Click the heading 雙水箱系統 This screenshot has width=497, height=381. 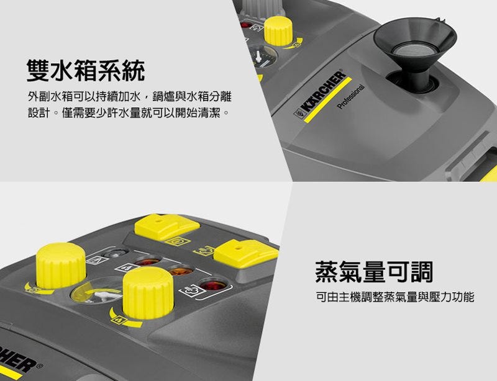pos(86,70)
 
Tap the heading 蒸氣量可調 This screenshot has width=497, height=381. pos(374,272)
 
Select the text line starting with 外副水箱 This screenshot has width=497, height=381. pos(130,97)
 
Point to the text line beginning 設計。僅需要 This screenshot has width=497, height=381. pos(129,112)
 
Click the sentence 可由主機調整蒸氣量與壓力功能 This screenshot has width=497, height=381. pos(395,297)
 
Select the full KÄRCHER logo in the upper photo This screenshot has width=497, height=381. pos(320,94)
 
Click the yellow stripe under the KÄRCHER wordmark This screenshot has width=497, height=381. pos(328,99)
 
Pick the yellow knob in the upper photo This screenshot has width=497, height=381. pos(278,31)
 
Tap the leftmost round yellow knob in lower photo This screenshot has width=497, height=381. pos(61,266)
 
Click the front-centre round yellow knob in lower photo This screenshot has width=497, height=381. pos(148,292)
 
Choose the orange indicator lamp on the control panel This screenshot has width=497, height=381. pos(181,271)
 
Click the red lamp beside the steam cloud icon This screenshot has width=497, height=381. pos(213,284)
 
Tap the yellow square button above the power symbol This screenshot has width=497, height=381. pos(167,226)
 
